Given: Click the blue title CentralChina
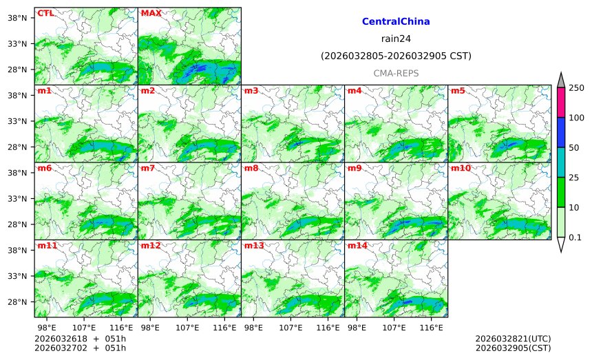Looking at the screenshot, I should [x=396, y=22].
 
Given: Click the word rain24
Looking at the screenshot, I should [x=396, y=39].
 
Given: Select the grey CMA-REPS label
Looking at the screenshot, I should [x=396, y=73].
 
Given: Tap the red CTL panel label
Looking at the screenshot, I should [x=45, y=13].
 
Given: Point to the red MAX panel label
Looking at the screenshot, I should [x=151, y=13].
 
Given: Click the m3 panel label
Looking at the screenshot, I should [x=251, y=91].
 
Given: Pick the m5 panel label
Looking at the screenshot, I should [x=458, y=91].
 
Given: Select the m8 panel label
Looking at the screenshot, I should [x=251, y=168].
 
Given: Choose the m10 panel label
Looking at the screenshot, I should [x=461, y=168].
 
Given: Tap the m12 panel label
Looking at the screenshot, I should [x=151, y=246].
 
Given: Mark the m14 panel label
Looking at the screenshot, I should [x=357, y=246].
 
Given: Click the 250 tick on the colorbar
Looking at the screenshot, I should [x=576, y=87].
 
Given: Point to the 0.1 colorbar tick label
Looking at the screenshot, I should [x=575, y=237].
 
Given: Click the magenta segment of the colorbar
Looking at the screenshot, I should [x=561, y=102].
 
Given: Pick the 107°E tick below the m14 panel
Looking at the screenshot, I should [x=394, y=327].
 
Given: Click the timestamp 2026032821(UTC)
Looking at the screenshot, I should [x=513, y=339].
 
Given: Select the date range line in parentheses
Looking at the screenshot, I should [x=396, y=56].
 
